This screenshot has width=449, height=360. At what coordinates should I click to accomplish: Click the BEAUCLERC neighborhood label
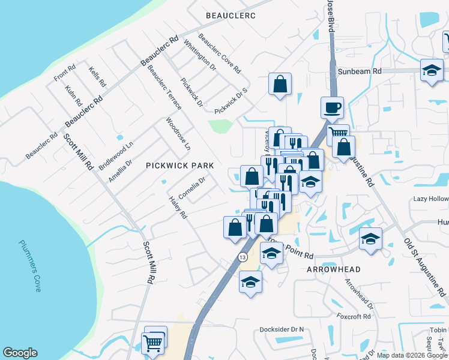point(231,15)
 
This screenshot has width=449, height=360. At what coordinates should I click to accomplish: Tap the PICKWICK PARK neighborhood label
point(180,165)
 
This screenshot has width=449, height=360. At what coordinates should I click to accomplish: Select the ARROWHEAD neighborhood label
point(334,269)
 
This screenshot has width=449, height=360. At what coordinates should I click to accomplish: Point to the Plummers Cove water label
point(29,265)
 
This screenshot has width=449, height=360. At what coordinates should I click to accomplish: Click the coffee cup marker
point(332,109)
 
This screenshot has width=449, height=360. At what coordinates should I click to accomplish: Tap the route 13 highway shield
point(242,257)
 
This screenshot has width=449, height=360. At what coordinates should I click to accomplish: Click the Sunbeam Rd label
point(359,71)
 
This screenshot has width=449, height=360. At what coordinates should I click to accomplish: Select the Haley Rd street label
point(178,208)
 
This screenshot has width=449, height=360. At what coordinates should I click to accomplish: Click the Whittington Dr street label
point(200,56)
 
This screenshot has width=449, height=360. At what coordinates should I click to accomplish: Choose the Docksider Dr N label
point(282,329)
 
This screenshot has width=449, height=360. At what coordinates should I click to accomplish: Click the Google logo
point(20,353)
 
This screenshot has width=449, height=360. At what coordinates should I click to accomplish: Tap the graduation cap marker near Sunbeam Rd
point(432,71)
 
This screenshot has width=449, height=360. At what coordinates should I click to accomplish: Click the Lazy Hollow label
point(430,199)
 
